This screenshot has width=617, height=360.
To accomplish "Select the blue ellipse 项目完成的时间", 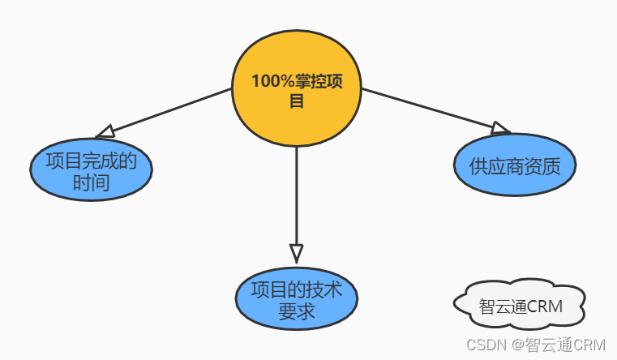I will click(x=91, y=171).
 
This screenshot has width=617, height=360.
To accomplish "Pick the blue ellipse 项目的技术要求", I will click(x=296, y=301).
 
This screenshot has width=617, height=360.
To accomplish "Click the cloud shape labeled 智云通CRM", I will click(x=519, y=306).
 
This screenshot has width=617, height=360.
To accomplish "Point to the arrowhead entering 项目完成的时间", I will click(x=105, y=131).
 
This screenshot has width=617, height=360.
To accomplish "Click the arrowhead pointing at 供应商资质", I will click(x=500, y=127).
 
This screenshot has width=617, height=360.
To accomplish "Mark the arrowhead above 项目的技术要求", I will click(x=296, y=252).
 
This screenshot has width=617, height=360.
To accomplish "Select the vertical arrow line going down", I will click(x=296, y=195).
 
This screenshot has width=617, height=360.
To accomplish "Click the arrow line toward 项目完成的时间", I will click(x=170, y=109).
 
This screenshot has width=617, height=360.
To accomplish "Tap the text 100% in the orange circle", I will click(x=268, y=81).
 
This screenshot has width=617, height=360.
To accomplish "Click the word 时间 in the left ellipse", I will click(x=91, y=183).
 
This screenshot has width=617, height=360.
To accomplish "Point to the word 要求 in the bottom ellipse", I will click(x=296, y=312).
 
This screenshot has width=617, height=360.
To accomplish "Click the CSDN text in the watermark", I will click(x=484, y=345).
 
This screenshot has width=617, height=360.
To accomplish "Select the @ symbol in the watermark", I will click(x=516, y=345).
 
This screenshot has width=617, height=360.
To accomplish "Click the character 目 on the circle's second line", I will click(x=296, y=101).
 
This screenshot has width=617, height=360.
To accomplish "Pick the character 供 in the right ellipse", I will click(x=478, y=166).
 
